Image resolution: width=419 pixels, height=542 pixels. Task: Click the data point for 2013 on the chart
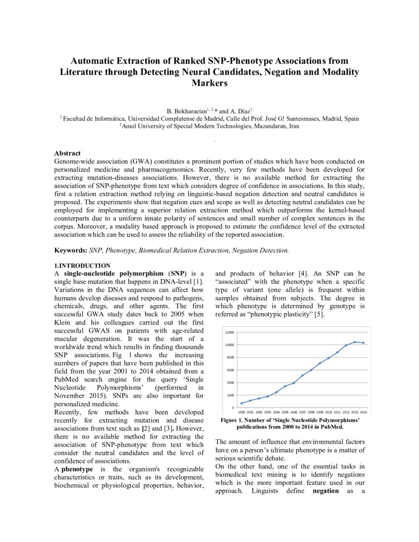(354, 342)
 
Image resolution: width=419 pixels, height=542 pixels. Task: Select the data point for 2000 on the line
(242, 403)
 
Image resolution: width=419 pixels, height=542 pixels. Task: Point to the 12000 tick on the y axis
(230, 333)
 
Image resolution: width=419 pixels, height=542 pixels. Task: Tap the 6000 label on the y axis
(231, 370)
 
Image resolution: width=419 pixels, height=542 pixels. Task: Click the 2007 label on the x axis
(303, 412)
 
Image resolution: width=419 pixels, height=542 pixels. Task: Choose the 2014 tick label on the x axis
(363, 412)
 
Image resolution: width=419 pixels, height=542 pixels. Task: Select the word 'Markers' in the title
(209, 83)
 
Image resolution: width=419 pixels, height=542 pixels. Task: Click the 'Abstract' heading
(68, 153)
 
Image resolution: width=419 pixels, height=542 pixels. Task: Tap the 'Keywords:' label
(70, 250)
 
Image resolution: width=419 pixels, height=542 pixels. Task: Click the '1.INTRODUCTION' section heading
(82, 266)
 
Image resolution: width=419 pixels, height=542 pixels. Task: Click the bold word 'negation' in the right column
(325, 491)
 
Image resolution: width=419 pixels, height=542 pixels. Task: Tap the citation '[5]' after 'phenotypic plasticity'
(318, 314)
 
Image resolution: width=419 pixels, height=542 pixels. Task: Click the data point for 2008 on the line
(311, 370)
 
